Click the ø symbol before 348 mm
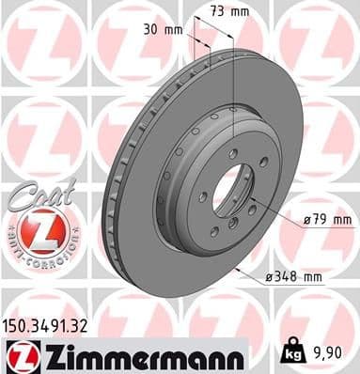click(270, 277)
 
